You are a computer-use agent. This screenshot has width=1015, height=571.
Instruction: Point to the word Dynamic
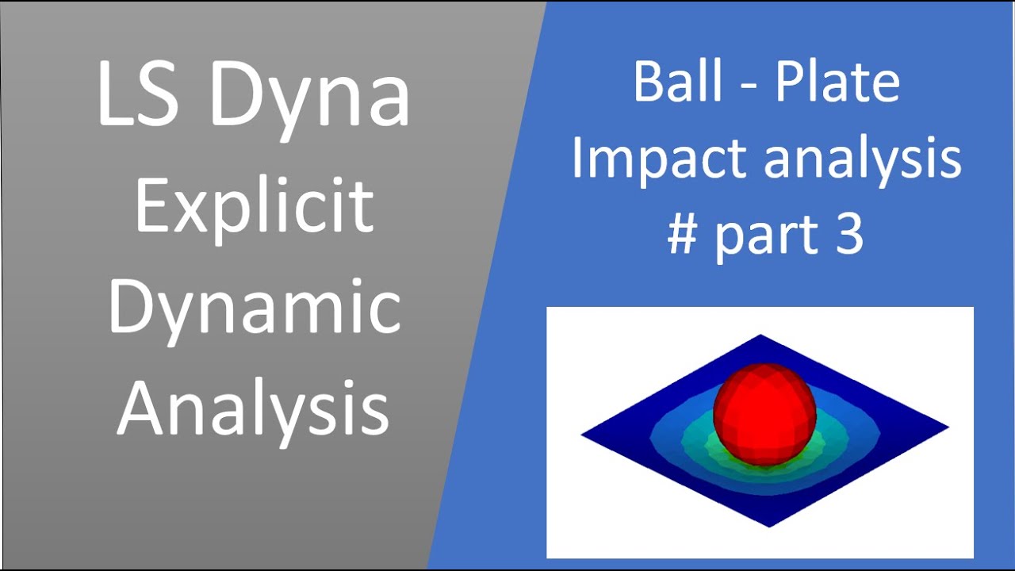(x=254, y=308)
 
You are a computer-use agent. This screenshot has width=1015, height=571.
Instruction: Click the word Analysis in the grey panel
(x=254, y=408)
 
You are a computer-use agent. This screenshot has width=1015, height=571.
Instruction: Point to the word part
(x=766, y=236)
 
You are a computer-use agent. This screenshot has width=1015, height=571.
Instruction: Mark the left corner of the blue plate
(x=584, y=435)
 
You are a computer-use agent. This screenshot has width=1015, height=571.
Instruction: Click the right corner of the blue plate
(x=947, y=427)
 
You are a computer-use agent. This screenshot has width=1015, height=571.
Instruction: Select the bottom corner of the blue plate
(x=769, y=525)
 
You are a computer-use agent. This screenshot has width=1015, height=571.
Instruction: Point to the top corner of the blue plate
(x=760, y=335)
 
